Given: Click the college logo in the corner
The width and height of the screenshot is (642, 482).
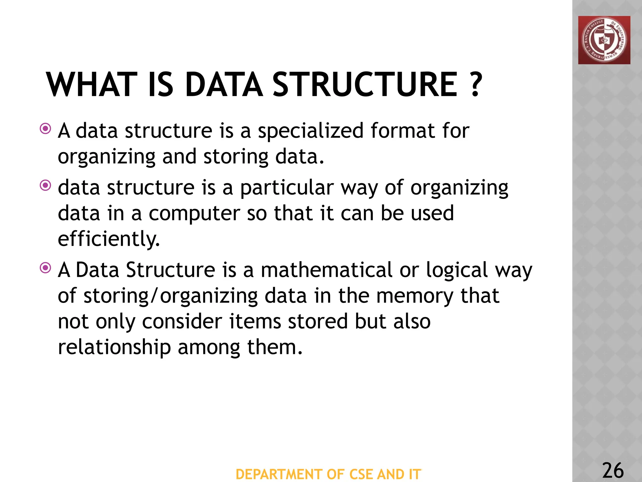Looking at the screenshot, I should [x=604, y=40].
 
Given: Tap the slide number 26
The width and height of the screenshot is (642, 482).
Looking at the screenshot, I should [x=613, y=470].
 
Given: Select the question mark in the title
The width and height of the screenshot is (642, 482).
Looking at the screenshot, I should [x=476, y=85].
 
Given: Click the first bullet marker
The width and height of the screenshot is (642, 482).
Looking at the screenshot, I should [x=46, y=129].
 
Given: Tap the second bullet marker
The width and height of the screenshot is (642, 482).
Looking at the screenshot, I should [x=46, y=185].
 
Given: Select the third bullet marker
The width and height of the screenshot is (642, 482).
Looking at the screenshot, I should [x=46, y=268].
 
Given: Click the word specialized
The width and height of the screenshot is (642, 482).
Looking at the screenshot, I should [x=310, y=131].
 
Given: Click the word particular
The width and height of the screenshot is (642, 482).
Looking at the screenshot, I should [x=287, y=188].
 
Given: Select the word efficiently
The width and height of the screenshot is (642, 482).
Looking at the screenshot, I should [x=109, y=239].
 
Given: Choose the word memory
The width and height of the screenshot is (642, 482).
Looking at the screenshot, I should [x=415, y=297].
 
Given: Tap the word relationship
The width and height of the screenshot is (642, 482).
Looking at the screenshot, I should [x=114, y=348].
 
